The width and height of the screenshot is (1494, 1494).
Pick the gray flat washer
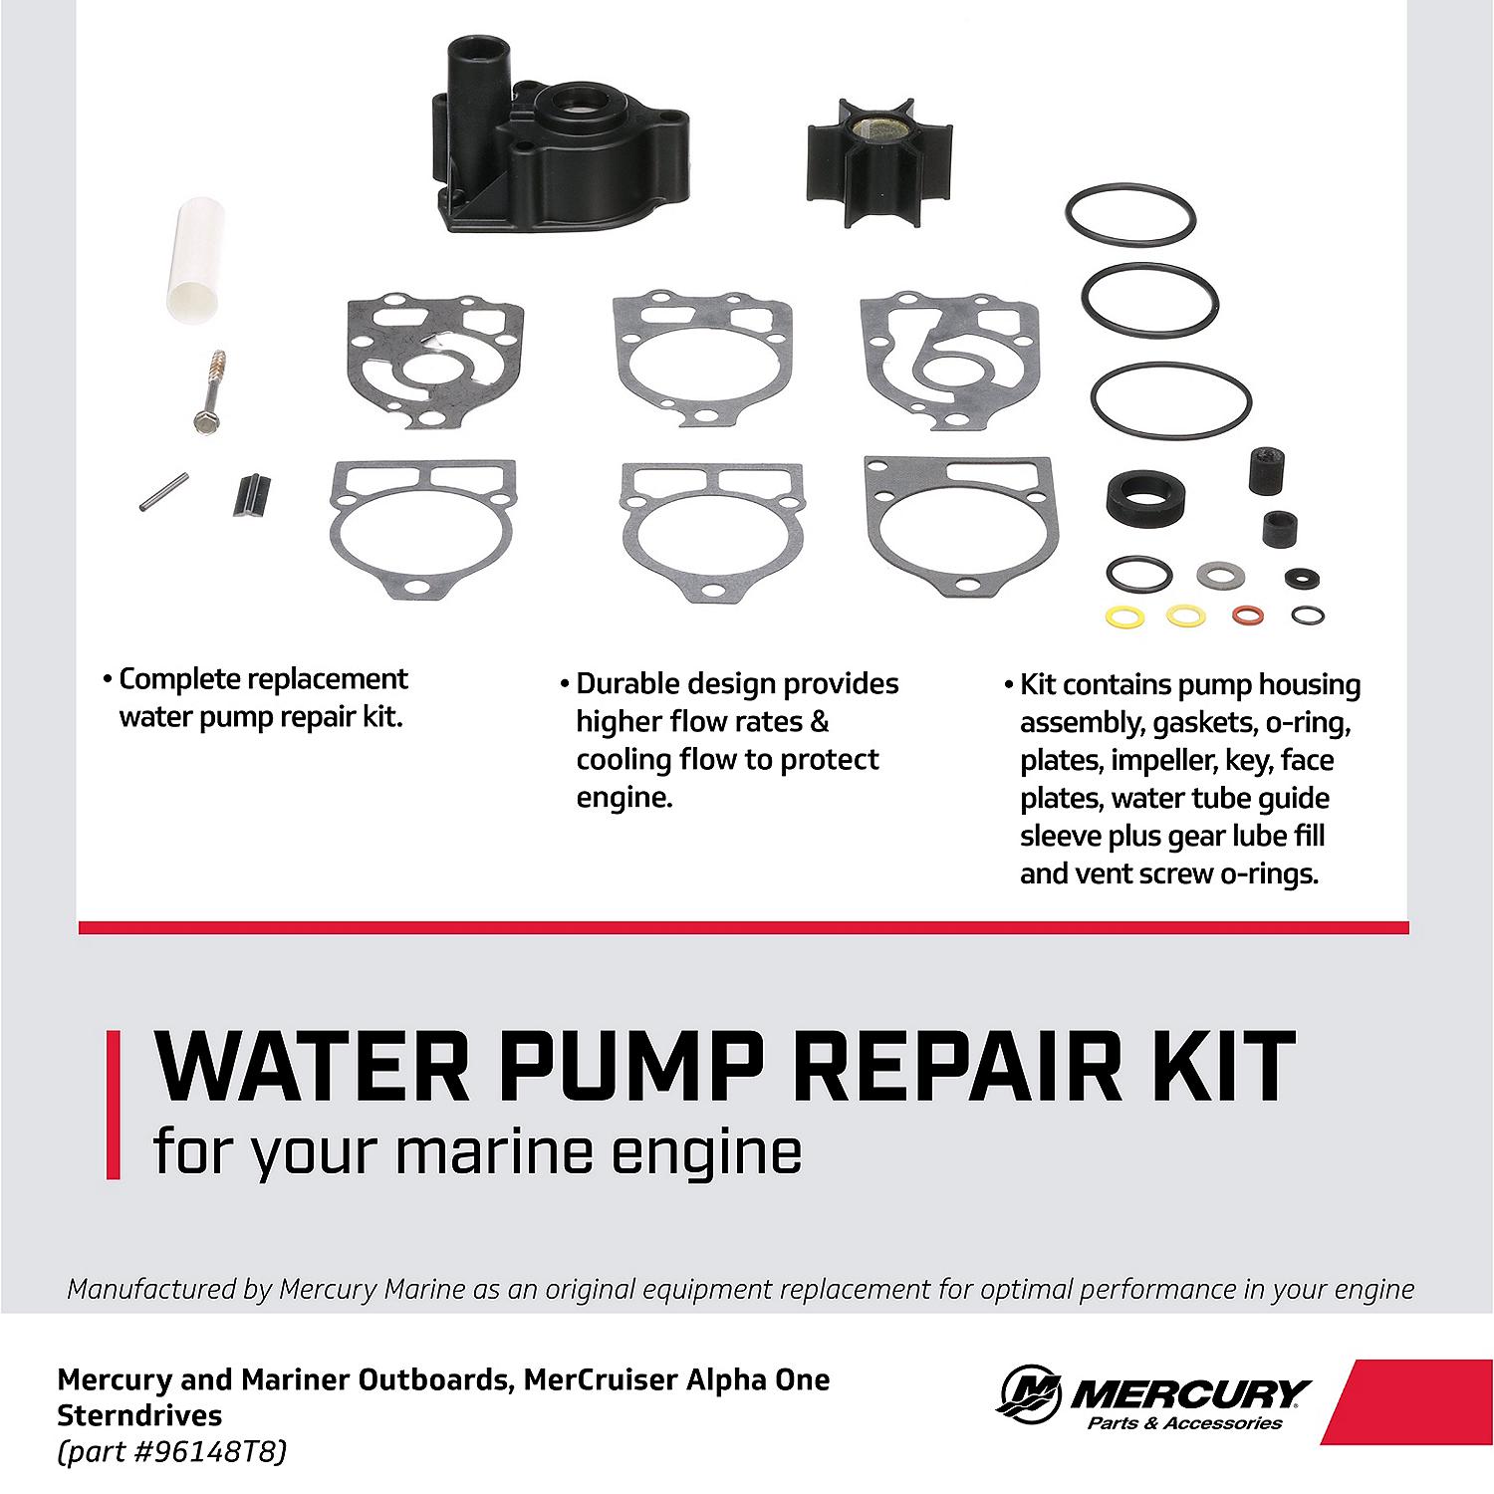(x=1213, y=574)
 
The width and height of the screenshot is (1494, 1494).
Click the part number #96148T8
(x=207, y=1452)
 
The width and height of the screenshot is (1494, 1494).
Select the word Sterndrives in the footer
(x=139, y=1415)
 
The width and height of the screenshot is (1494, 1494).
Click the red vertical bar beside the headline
(x=113, y=1105)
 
